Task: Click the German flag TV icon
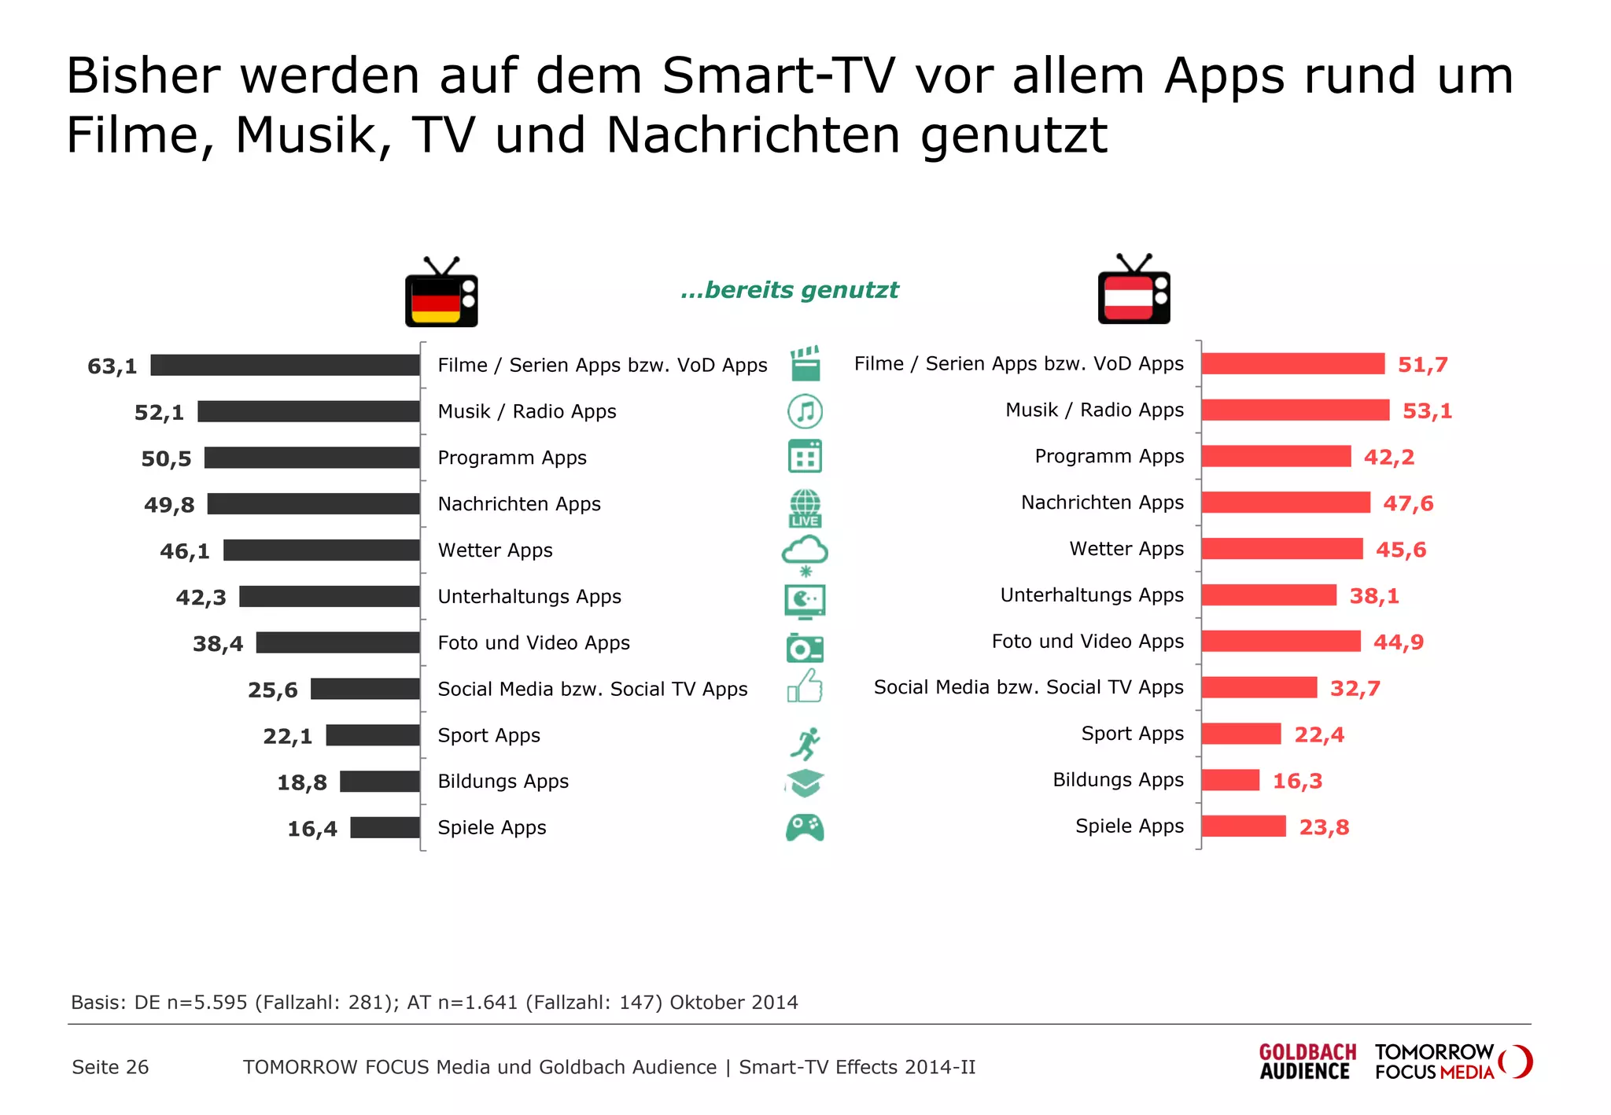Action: click(x=441, y=293)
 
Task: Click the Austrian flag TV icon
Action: click(x=1134, y=291)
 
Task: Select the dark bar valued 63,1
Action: click(x=285, y=365)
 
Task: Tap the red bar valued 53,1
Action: click(x=1295, y=410)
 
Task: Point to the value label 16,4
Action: click(x=312, y=829)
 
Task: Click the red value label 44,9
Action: click(x=1398, y=642)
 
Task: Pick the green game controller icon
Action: click(x=805, y=827)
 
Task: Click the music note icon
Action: click(x=805, y=410)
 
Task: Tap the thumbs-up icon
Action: click(x=805, y=686)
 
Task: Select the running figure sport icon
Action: click(x=805, y=742)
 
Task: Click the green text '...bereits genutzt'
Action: click(x=789, y=290)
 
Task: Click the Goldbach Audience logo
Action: click(x=1307, y=1062)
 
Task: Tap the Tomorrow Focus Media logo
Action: click(x=1452, y=1062)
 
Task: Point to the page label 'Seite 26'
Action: click(x=110, y=1067)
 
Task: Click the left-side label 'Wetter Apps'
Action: click(x=495, y=550)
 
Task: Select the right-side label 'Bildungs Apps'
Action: click(x=1118, y=780)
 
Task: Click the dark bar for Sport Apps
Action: click(x=373, y=735)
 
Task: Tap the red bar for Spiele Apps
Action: click(x=1244, y=826)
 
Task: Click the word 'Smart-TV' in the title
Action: click(x=778, y=76)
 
